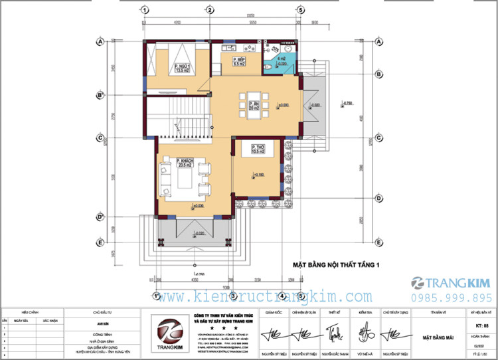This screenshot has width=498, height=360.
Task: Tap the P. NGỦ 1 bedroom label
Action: click(x=182, y=68)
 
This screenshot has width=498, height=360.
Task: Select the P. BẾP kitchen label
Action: click(x=239, y=63)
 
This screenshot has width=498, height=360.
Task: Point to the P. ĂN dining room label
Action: click(x=255, y=106)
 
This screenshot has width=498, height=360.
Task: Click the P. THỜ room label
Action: click(x=258, y=149)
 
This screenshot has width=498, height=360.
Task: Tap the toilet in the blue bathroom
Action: click(x=290, y=50)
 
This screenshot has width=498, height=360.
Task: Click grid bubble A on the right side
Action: click(x=379, y=42)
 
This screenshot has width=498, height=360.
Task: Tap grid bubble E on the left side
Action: click(x=100, y=242)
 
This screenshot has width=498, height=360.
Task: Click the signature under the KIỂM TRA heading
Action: click(x=365, y=331)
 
